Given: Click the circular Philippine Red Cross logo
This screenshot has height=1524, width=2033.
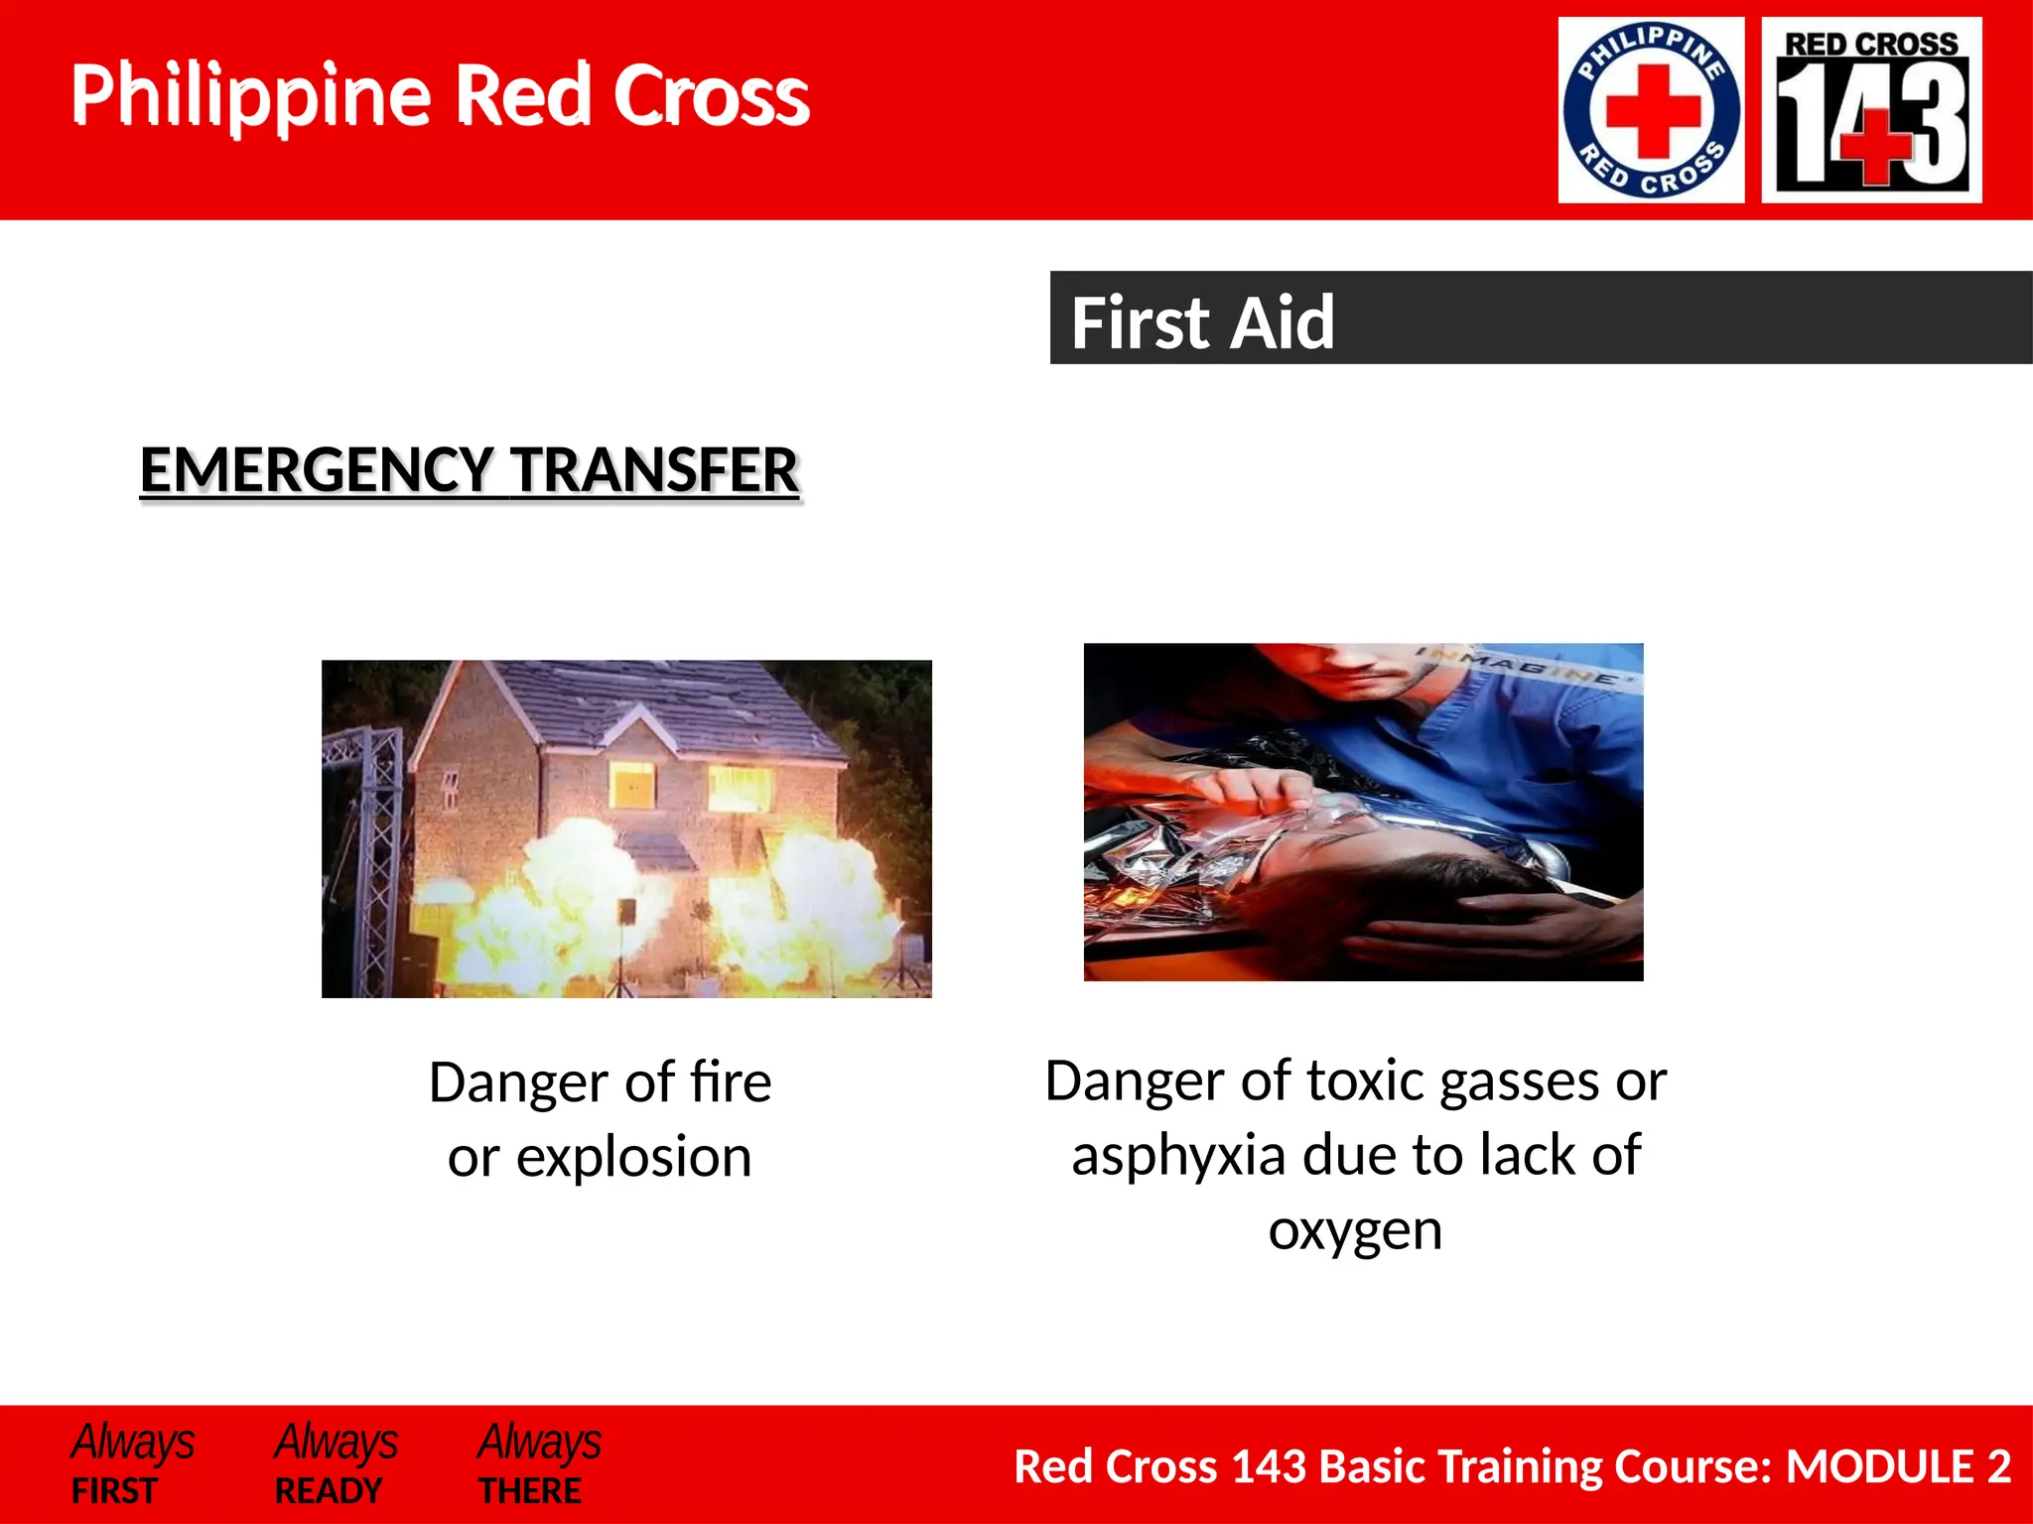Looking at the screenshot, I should point(1651,110).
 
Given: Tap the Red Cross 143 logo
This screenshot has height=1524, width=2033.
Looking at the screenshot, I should point(1871,110).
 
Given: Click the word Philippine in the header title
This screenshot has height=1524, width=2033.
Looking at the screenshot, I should point(250,96).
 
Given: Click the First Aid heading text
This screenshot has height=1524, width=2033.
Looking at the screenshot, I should point(1202,322).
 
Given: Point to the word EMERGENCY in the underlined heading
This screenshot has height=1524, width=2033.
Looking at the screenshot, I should point(317,470).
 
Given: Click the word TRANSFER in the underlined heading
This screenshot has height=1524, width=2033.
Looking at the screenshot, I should point(655,470).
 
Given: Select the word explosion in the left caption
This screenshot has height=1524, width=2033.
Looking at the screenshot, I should point(633,1157).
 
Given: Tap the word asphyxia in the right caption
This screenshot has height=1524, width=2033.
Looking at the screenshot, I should point(1178,1156).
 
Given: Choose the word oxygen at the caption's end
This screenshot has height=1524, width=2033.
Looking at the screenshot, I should point(1355,1231).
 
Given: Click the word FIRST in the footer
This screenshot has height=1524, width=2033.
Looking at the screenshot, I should point(114,1491).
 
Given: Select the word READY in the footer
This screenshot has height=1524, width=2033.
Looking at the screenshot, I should point(328,1491).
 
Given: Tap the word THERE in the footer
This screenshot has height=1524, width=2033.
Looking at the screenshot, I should point(530,1491).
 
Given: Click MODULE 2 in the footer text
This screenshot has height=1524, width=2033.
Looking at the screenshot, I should point(1897,1466).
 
